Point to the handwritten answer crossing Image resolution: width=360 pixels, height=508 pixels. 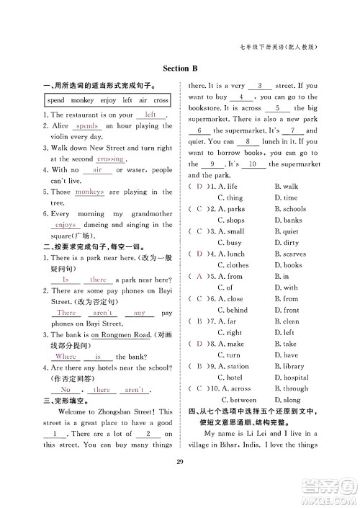pos(110,159)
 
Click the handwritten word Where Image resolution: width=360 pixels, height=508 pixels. pos(66,356)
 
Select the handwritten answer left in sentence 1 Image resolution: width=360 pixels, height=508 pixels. pos(150,115)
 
